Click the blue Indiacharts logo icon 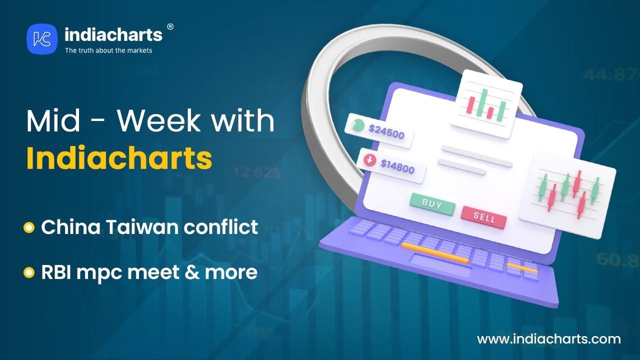(x=42, y=39)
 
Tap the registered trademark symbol (x=170, y=27)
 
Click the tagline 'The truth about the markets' (x=108, y=50)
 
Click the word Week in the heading (x=158, y=121)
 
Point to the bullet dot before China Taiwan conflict (x=29, y=227)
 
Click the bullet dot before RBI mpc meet (x=29, y=272)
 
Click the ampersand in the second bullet (x=192, y=272)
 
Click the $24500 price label (x=386, y=132)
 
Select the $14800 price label (x=397, y=166)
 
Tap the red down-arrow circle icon (x=369, y=159)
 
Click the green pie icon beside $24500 (x=358, y=125)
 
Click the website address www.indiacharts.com (x=549, y=339)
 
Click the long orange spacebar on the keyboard (x=434, y=253)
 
